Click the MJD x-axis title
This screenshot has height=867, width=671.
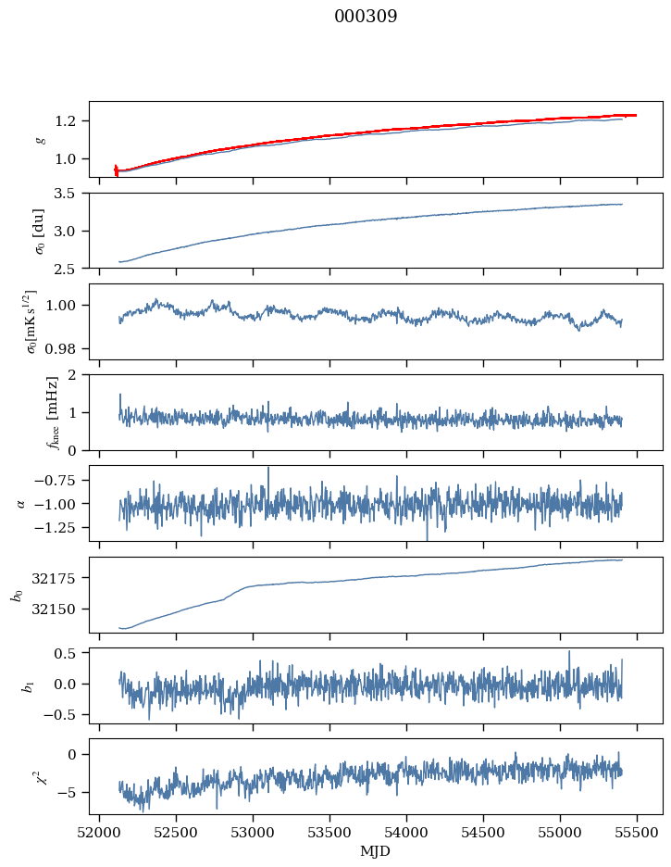click(x=376, y=851)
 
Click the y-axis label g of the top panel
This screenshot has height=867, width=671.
click(x=40, y=139)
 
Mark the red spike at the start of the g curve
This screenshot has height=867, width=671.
click(x=116, y=170)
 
